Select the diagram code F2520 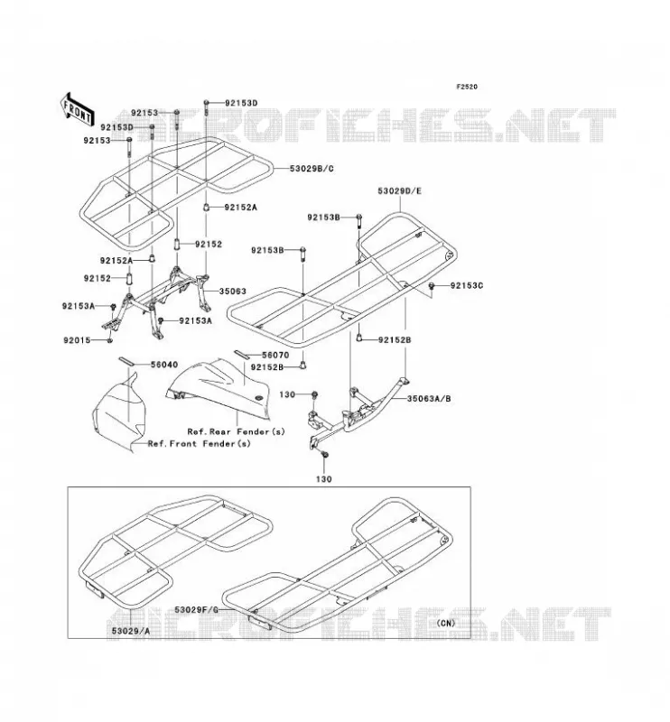pyautogui.click(x=467, y=87)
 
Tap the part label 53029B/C pyautogui.click(x=312, y=169)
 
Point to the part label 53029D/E pyautogui.click(x=399, y=191)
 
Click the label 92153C pyautogui.click(x=466, y=285)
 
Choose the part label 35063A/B pyautogui.click(x=429, y=399)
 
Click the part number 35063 pyautogui.click(x=232, y=292)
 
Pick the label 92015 pyautogui.click(x=77, y=341)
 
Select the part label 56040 pyautogui.click(x=164, y=366)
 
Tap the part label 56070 pyautogui.click(x=275, y=356)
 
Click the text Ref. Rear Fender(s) pyautogui.click(x=236, y=432)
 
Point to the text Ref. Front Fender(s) pyautogui.click(x=199, y=444)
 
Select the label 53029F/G pyautogui.click(x=196, y=610)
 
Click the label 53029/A pyautogui.click(x=131, y=631)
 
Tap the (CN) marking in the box pyautogui.click(x=445, y=623)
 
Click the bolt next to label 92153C pyautogui.click(x=433, y=286)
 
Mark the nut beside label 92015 pyautogui.click(x=109, y=340)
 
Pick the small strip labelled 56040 pyautogui.click(x=126, y=360)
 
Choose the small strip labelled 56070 pyautogui.click(x=241, y=354)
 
